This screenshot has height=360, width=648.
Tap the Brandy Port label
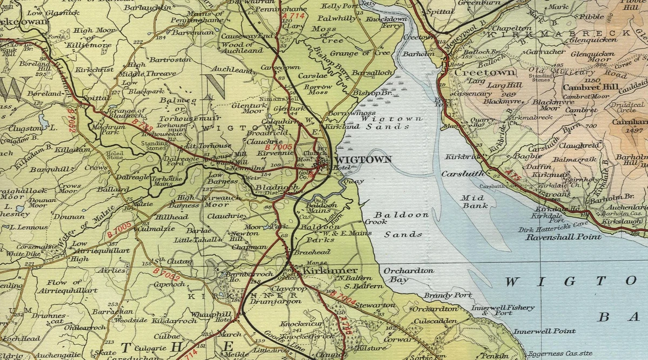448,295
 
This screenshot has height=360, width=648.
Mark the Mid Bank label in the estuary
474,202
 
